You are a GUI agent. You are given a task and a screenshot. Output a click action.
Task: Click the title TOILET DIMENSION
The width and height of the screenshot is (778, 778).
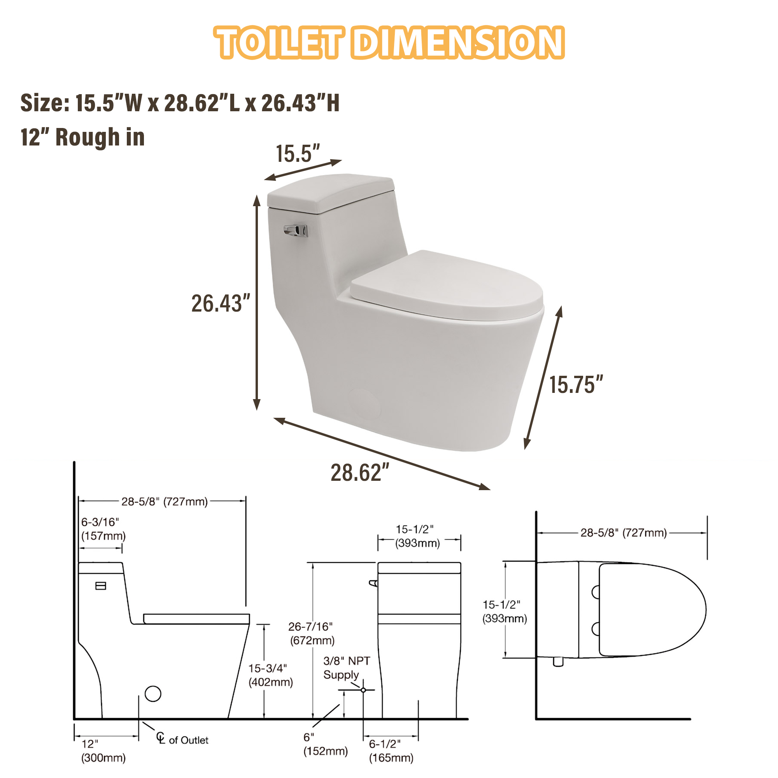(389, 43)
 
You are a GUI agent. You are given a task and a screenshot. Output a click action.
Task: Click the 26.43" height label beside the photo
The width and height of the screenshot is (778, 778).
(220, 304)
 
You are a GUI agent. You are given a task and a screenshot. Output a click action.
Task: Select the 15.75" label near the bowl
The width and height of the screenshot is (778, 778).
(576, 385)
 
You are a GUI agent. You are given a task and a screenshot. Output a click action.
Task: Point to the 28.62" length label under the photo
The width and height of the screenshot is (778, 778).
(359, 473)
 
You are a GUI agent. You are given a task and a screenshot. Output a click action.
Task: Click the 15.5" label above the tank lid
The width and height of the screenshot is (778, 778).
(298, 154)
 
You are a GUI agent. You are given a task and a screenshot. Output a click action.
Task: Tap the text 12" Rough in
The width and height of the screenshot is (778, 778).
(82, 137)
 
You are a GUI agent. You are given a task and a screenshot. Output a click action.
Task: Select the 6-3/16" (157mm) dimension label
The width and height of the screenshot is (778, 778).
(103, 529)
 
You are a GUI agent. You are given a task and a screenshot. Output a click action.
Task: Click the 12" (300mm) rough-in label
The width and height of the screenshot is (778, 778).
(103, 751)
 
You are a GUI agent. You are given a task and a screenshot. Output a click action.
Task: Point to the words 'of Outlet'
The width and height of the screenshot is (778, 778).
(188, 740)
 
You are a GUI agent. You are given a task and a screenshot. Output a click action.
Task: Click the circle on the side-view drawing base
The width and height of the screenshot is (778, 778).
(153, 694)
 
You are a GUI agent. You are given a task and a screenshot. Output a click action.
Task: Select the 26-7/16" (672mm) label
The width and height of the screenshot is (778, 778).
(312, 633)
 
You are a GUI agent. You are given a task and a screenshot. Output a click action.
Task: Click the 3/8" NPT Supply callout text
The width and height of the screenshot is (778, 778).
(346, 668)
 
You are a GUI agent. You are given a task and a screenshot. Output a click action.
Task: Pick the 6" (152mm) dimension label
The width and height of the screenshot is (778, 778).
(325, 744)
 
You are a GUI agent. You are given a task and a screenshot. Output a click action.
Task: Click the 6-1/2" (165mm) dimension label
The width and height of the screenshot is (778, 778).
(391, 751)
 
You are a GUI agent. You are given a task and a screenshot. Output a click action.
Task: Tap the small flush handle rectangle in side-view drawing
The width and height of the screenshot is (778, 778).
(101, 586)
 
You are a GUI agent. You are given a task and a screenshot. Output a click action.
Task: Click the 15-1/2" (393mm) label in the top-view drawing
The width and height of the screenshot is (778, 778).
(505, 611)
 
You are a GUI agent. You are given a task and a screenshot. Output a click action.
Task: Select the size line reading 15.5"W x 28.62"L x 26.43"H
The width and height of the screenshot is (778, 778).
(180, 103)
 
